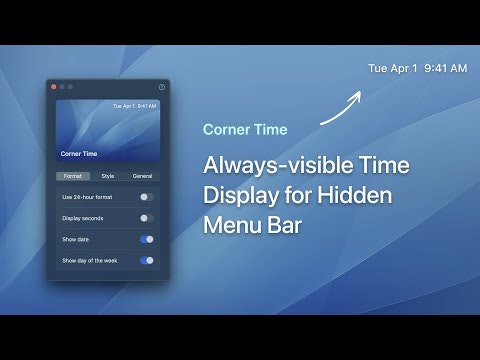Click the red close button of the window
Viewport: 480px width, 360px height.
[x=54, y=87]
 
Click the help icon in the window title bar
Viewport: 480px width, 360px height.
[x=162, y=87]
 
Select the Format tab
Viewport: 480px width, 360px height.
[x=73, y=176]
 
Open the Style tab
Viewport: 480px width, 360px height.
[x=108, y=176]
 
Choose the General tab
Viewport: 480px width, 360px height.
[x=142, y=176]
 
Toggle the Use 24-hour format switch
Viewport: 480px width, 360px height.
[x=147, y=197]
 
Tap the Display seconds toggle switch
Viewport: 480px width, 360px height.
[x=147, y=218]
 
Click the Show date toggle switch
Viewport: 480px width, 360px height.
[x=147, y=239]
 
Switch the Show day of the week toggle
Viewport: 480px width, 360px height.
[x=147, y=260]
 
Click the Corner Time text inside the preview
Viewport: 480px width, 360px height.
[x=79, y=154]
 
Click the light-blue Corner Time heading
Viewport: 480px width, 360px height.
[x=245, y=130]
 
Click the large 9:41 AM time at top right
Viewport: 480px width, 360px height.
[x=445, y=69]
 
